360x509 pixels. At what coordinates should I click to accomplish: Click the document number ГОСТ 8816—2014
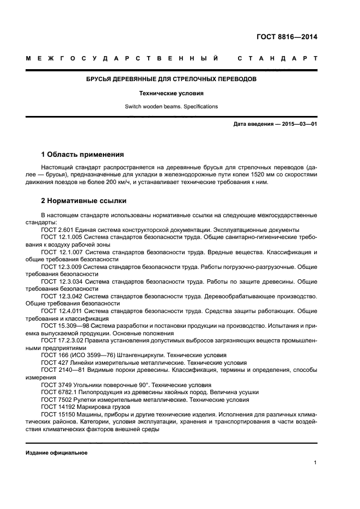pyautogui.click(x=287, y=37)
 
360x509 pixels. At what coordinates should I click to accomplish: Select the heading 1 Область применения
pyautogui.click(x=82, y=154)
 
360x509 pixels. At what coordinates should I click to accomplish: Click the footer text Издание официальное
pyautogui.click(x=56, y=453)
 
